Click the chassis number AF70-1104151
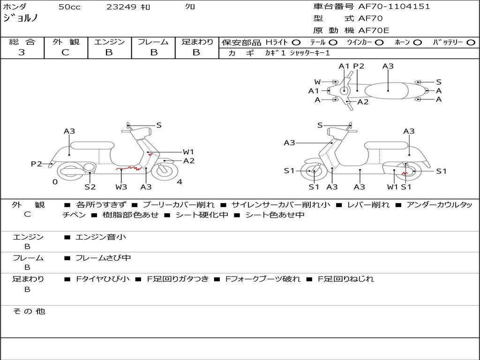pyautogui.click(x=394, y=7)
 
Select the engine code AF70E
pyautogui.click(x=374, y=30)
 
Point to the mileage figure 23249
pyautogui.click(x=121, y=7)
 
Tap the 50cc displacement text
pyautogui.click(x=69, y=7)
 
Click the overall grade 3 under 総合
pyautogui.click(x=22, y=52)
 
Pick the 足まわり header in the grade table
pyautogui.click(x=197, y=42)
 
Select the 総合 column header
pyautogui.click(x=22, y=42)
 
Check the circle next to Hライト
pyautogui.click(x=296, y=42)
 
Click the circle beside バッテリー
pyautogui.click(x=471, y=42)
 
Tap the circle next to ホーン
pyautogui.click(x=417, y=42)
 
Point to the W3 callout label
pyautogui.click(x=121, y=187)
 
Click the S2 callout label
pyautogui.click(x=90, y=187)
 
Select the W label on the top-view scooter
pyautogui.click(x=317, y=82)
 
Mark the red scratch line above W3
pyautogui.click(x=129, y=167)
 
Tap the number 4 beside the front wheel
pyautogui.click(x=180, y=182)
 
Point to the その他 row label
pyautogui.click(x=29, y=311)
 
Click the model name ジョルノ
pyautogui.click(x=21, y=18)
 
